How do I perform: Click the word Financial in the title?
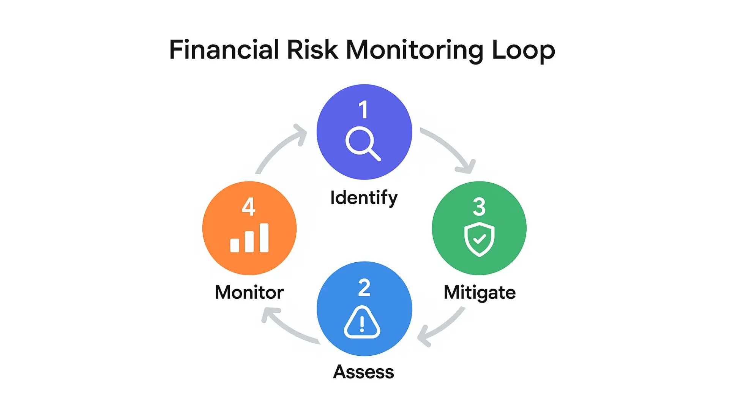point(224,50)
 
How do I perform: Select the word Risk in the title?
point(312,50)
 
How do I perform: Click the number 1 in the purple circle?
point(363,109)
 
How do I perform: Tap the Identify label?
point(364,198)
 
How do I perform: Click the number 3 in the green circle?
point(479,207)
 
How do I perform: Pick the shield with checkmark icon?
point(479,239)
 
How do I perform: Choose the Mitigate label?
point(480,292)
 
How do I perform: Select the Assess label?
point(363,372)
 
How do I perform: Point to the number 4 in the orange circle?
point(249,207)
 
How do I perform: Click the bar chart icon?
point(249,238)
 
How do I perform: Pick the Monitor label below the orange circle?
point(249,292)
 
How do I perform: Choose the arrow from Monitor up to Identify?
point(280,148)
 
